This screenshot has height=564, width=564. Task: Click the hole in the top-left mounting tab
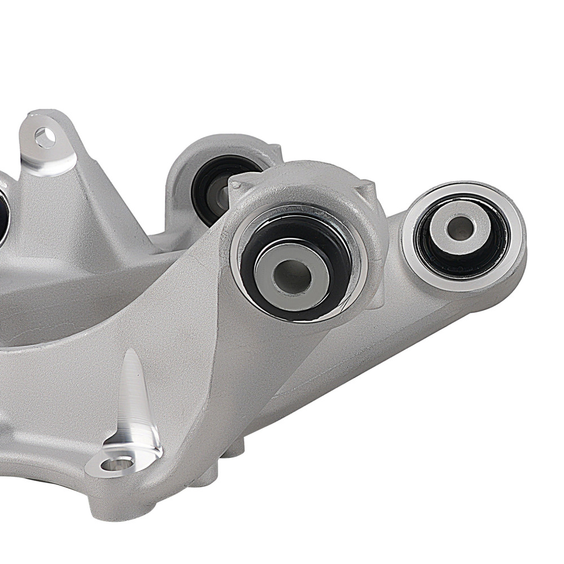(45, 137)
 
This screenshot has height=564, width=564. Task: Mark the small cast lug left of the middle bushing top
(237, 182)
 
